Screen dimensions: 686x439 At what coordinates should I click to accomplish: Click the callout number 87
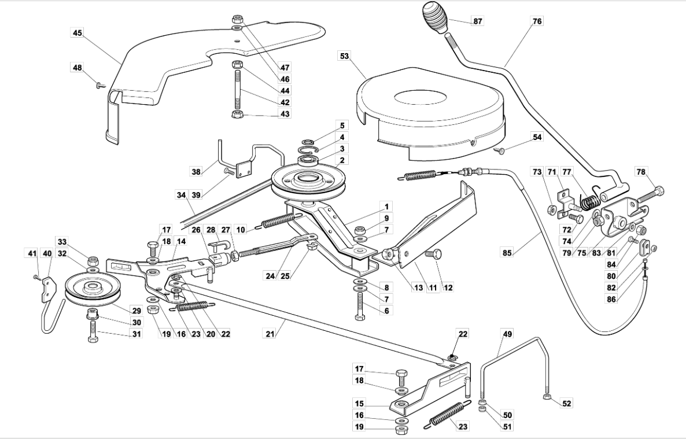pos(477,21)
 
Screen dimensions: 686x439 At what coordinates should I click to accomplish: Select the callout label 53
pos(344,56)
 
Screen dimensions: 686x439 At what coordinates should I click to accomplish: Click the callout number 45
pos(78,33)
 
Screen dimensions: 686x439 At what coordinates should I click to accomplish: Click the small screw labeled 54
pos(500,150)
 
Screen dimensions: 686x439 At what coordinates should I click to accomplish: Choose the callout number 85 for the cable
pos(507,253)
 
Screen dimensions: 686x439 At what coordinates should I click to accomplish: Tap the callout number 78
pos(641,172)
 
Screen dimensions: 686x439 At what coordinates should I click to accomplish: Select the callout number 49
pos(507,334)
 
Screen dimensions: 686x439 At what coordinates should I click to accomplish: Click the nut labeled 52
pos(547,397)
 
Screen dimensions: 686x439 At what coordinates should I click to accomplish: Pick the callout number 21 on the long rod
pos(270,334)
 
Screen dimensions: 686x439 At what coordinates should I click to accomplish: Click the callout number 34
pos(182,195)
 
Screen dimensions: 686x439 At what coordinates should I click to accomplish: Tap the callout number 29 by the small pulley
pos(137,311)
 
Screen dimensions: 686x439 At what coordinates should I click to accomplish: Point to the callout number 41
pos(31,253)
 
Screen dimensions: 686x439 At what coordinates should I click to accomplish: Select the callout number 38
pos(197,172)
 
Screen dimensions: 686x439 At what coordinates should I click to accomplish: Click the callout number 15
pos(359,403)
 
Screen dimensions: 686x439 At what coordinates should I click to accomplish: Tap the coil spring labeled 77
pos(589,199)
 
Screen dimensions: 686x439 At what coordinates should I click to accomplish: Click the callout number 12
pos(448,287)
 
